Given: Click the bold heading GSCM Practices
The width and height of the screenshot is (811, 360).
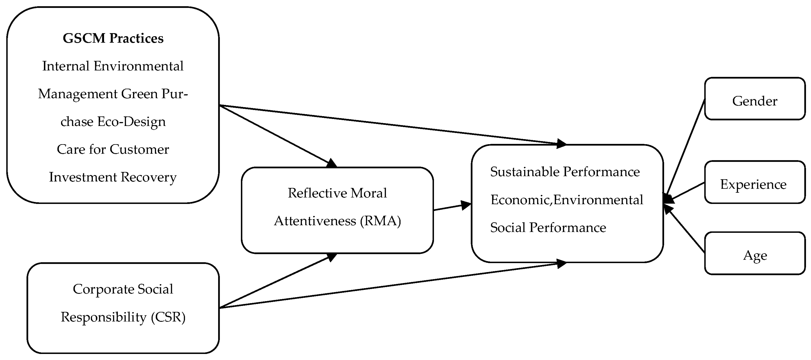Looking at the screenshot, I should [x=113, y=38].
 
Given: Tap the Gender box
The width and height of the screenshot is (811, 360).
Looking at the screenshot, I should [x=755, y=99].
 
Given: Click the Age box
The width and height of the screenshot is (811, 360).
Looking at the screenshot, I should [x=755, y=253].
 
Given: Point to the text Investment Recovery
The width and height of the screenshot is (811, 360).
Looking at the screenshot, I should [x=113, y=177].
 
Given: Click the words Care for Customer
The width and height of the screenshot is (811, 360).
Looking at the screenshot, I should [x=113, y=149].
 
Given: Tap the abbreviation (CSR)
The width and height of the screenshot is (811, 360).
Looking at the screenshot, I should [x=168, y=317].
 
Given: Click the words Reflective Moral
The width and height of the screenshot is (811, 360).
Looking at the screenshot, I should [x=337, y=193].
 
